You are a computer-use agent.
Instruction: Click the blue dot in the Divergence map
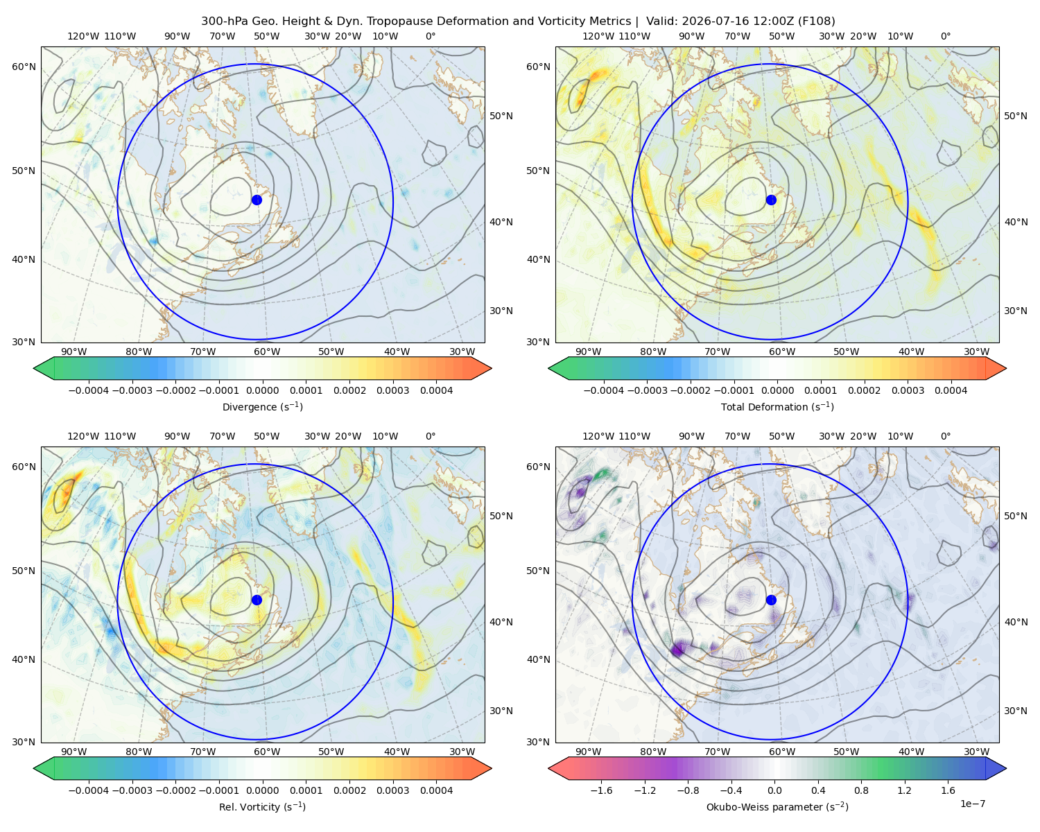pos(257,200)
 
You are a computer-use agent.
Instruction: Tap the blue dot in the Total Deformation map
pos(771,200)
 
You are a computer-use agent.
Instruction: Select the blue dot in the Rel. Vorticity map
pos(257,600)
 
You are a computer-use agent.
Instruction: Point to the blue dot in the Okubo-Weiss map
pos(771,600)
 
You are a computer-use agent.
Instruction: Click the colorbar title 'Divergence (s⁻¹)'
pos(262,406)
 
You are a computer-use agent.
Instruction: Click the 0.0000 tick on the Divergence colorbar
pos(262,390)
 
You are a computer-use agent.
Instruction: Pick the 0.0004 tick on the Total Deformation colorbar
pos(951,390)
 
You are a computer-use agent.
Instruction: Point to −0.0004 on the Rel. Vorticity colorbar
pos(89,790)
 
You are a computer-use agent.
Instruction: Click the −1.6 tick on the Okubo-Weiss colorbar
pos(601,790)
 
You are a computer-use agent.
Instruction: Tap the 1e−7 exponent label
pos(972,804)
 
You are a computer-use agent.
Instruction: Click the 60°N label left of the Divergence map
pos(24,67)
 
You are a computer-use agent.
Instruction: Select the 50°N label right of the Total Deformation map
pos(1015,116)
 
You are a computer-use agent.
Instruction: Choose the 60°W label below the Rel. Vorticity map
pos(267,752)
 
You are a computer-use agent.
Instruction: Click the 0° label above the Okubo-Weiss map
pos(945,436)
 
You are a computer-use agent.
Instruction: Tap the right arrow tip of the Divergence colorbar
pos(491,368)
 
